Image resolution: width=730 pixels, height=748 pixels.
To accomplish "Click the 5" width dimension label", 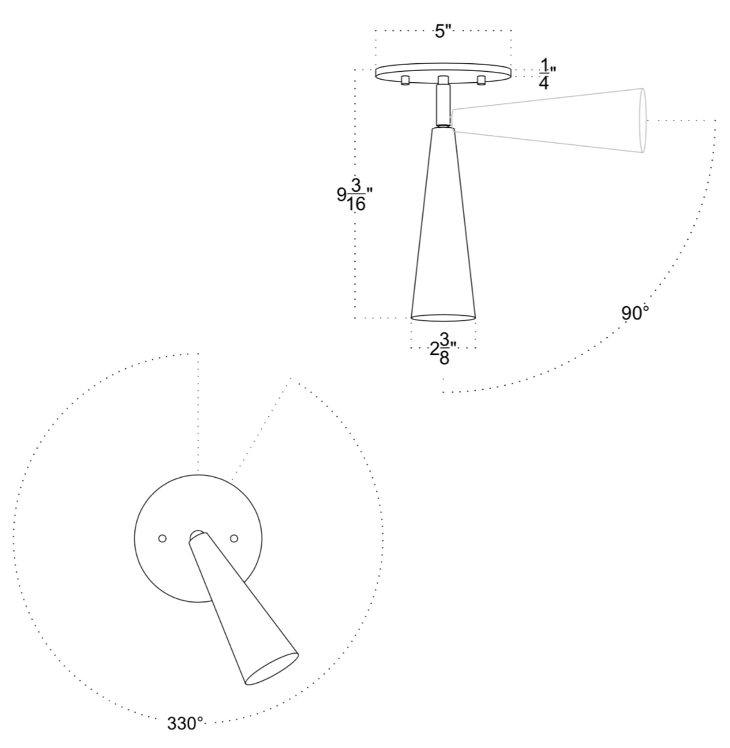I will point(443,31).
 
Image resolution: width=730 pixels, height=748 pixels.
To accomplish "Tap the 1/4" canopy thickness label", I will point(545,74).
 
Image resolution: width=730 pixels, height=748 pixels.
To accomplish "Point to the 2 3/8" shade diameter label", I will point(443,349).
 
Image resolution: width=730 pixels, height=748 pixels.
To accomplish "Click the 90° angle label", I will point(635,313).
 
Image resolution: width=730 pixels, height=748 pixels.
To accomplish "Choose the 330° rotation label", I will point(185,724).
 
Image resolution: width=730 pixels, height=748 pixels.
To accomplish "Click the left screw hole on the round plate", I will point(162,538).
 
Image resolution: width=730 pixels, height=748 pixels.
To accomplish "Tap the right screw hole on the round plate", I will point(234,538).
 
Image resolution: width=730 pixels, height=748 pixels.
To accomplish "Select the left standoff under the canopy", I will point(405,81).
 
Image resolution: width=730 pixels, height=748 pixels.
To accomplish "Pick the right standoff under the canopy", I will point(481,81).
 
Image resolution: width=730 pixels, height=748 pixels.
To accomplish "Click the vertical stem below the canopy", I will point(443,103).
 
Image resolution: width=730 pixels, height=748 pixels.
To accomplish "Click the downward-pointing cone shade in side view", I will point(443,231).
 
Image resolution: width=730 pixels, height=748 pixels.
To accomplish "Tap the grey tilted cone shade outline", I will point(547,121).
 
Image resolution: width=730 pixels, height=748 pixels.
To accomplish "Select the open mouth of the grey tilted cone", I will point(644,121).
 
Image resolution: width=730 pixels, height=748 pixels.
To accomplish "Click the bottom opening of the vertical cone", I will point(443,317).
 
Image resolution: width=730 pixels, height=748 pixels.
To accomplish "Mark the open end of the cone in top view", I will point(272,669).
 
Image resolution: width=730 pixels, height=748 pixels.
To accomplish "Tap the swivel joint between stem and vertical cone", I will point(443,125).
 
